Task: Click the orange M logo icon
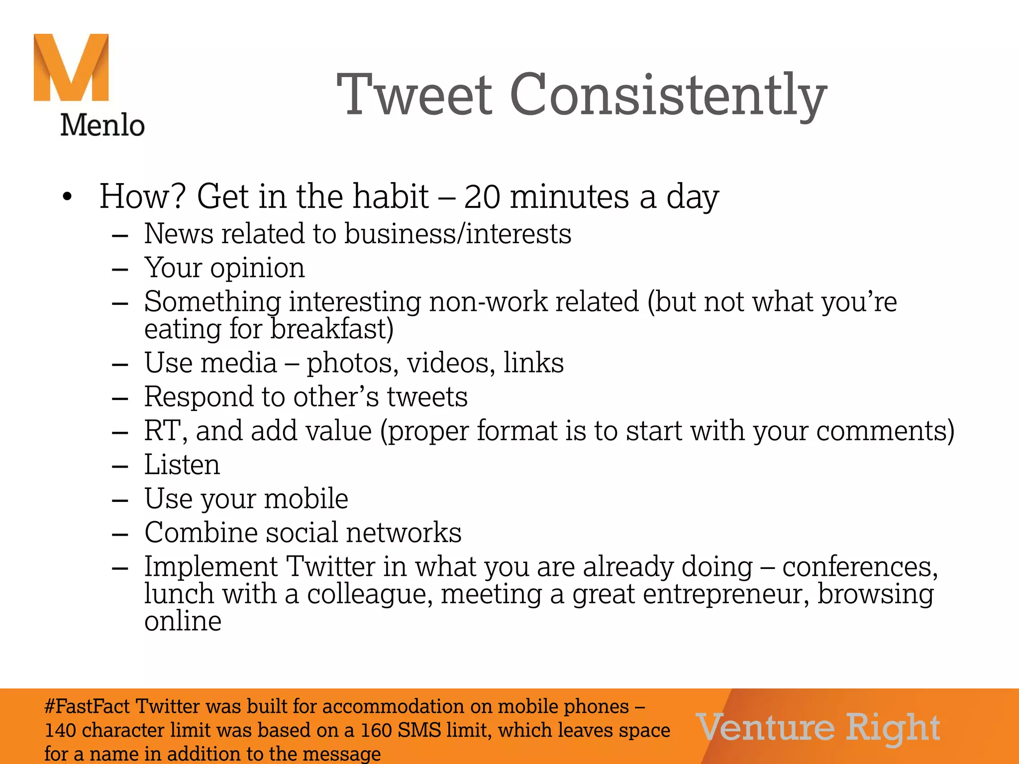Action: point(71,67)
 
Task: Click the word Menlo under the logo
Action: point(102,125)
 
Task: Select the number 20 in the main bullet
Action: point(482,196)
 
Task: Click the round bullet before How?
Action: point(67,197)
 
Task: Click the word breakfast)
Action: point(332,329)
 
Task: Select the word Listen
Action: point(182,465)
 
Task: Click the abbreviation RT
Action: point(161,431)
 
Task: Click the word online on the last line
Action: point(183,621)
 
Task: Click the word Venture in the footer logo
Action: point(765,728)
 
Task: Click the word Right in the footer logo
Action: point(893,728)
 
